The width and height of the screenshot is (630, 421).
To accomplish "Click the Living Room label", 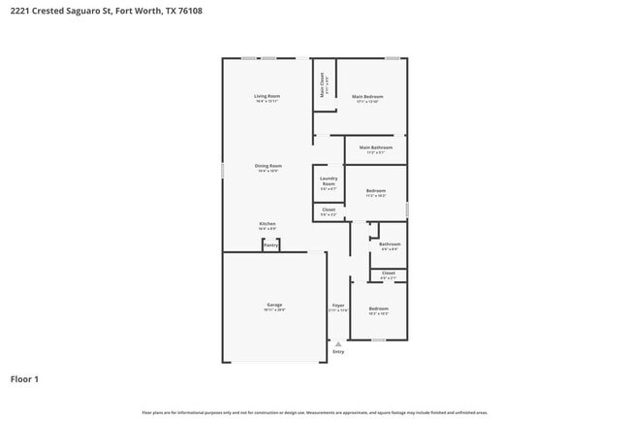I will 268,96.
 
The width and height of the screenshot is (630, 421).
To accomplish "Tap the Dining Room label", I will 268,166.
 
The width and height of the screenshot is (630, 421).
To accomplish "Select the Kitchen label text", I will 268,223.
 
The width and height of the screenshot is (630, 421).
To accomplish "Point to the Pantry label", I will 270,245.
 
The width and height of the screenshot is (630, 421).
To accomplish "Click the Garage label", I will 275,305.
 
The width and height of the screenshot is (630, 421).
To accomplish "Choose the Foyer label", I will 338,305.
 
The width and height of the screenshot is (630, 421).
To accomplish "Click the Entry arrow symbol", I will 338,343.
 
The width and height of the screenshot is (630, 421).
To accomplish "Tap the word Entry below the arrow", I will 338,352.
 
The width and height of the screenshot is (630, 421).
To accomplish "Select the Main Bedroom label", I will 367,97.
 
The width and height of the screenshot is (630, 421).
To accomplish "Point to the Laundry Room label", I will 329,181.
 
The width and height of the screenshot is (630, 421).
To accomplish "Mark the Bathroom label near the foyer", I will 390,243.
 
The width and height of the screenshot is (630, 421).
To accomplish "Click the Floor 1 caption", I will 24,379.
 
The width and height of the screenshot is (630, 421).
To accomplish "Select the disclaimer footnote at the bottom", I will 315,411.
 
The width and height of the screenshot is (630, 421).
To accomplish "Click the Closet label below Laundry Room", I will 329,210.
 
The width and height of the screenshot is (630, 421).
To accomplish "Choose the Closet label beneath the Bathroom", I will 389,274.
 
